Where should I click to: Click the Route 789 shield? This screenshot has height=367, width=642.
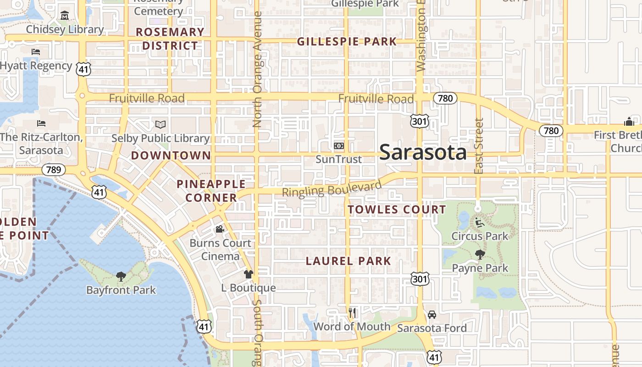pyautogui.click(x=54, y=170)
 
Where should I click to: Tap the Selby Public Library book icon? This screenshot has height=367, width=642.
pyautogui.click(x=160, y=124)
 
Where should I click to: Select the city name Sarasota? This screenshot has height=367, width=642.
pyautogui.click(x=423, y=152)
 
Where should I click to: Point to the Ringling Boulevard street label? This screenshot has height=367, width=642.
pyautogui.click(x=332, y=189)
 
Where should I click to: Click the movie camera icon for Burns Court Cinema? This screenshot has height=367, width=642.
pyautogui.click(x=220, y=229)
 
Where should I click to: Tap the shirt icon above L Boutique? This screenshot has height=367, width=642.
pyautogui.click(x=248, y=274)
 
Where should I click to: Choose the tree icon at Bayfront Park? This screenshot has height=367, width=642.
pyautogui.click(x=121, y=276)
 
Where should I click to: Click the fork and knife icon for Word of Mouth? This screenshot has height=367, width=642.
pyautogui.click(x=352, y=313)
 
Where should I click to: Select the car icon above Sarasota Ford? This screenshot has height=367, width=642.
pyautogui.click(x=432, y=315)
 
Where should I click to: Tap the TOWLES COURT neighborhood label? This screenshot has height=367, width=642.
pyautogui.click(x=397, y=210)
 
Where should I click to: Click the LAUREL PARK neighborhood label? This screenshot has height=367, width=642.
pyautogui.click(x=349, y=261)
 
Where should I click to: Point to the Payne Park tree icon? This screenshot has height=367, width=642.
pyautogui.click(x=480, y=255)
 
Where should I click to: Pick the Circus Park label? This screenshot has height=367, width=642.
pyautogui.click(x=480, y=236)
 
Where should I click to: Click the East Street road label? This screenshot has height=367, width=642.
pyautogui.click(x=479, y=146)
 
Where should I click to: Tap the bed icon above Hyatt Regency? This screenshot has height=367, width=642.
pyautogui.click(x=36, y=52)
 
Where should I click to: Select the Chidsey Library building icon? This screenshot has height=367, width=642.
pyautogui.click(x=64, y=16)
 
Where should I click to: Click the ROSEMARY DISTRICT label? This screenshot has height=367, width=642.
pyautogui.click(x=170, y=39)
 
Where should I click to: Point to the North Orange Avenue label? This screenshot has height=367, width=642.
pyautogui.click(x=257, y=69)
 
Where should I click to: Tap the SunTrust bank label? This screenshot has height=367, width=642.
pyautogui.click(x=338, y=159)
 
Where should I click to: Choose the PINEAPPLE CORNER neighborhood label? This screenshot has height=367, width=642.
pyautogui.click(x=211, y=191)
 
